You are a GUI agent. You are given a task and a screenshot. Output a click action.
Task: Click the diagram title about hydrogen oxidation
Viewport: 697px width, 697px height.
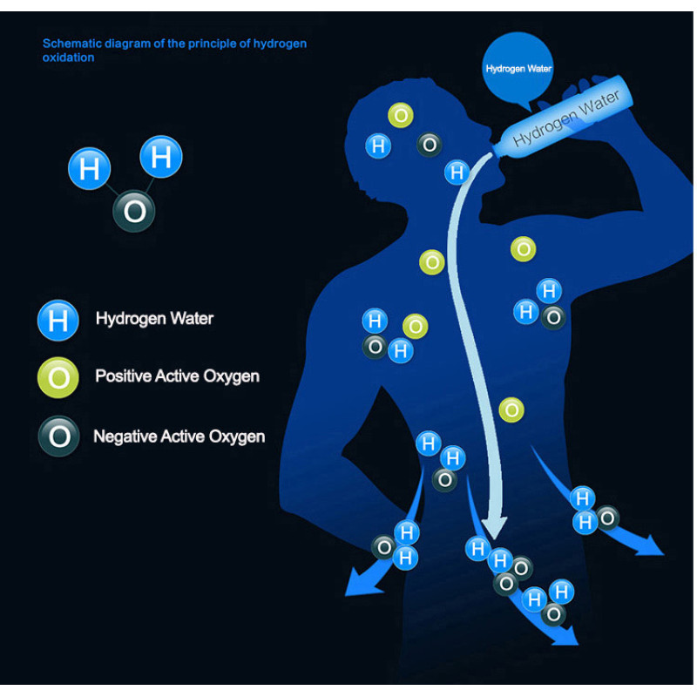pos(174,50)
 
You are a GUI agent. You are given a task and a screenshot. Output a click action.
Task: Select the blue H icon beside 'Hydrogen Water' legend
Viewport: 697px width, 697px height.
pos(58,320)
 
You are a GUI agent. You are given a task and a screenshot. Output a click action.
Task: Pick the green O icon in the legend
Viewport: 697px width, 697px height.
pos(58,377)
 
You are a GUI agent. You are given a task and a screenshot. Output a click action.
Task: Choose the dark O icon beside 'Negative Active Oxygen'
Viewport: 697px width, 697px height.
pos(58,436)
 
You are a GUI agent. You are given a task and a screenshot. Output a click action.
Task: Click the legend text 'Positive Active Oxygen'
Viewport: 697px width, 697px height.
pos(177,376)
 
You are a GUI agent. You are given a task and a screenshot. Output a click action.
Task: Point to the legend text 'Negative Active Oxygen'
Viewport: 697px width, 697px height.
pos(179,436)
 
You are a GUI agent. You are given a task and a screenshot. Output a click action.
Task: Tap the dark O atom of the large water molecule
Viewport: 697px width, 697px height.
pos(134,211)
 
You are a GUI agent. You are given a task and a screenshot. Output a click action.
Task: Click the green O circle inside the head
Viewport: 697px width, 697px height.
pos(400,115)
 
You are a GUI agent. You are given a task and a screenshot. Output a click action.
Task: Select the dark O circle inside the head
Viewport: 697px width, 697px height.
pos(429,145)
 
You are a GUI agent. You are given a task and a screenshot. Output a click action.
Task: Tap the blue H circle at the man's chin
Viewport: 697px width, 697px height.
pos(457,172)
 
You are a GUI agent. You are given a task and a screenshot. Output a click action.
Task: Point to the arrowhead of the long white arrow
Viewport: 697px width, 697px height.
pos(494,526)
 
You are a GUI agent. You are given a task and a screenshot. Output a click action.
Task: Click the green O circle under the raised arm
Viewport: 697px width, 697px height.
pos(523,249)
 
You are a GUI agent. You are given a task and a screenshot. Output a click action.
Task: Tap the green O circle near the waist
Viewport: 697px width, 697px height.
pos(511,409)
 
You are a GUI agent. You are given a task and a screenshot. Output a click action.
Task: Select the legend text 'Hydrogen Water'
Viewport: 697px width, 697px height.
pos(154,319)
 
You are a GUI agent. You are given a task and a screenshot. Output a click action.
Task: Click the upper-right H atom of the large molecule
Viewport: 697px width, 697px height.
pos(161,157)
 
